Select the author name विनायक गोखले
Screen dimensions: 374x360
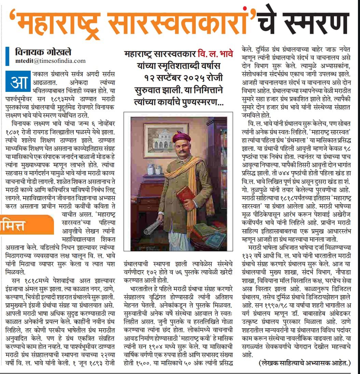(43, 53)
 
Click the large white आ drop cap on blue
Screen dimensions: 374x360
(18, 81)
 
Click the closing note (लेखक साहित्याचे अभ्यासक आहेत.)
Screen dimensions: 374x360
(304, 363)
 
